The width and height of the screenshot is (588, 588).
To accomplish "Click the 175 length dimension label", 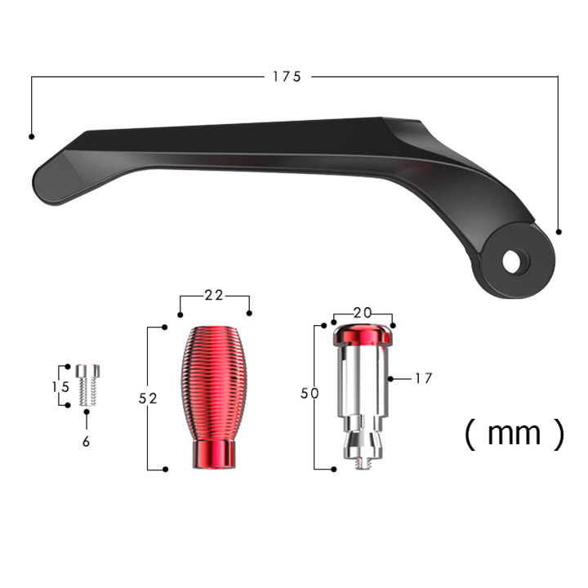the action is pos(287,77).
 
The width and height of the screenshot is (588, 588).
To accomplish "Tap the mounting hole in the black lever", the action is pos(514,261).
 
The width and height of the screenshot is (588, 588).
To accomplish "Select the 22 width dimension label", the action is pos(214,296).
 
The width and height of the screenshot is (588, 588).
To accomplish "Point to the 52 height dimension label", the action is pos(148,399).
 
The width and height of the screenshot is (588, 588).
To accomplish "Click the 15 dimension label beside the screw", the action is pos(61,386).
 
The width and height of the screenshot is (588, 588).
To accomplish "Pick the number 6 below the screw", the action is pos(87,442).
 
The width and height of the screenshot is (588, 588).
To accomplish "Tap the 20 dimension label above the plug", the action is pos(363,312).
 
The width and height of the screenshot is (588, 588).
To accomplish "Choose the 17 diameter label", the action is pos(424,378).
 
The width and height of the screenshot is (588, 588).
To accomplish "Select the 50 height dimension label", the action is pos(310,394).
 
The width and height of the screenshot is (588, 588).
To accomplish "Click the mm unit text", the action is pos(514,434).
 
